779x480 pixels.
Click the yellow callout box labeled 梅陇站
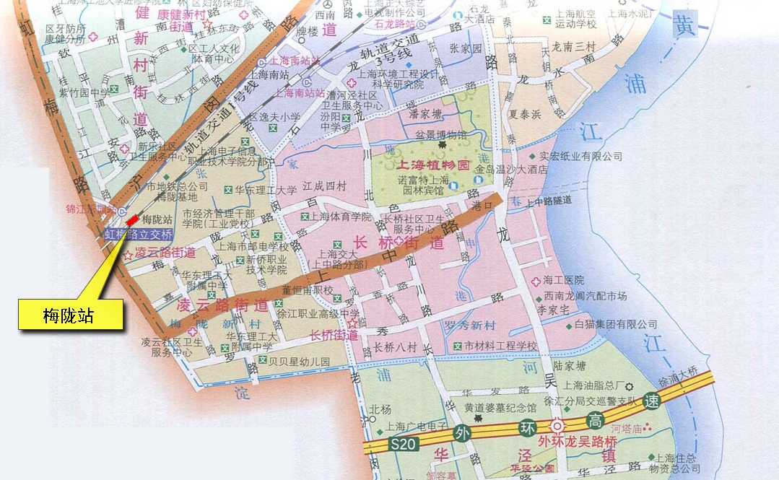pos(70,315)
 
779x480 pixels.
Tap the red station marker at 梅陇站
pos(132,219)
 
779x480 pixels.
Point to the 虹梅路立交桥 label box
pos(139,235)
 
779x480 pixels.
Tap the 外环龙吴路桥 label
pos(577,441)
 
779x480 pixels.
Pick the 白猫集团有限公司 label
pos(616,325)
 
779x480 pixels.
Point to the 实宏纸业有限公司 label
pos(586,156)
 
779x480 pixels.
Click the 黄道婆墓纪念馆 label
pos(500,409)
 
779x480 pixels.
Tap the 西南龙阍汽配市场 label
pos(586,296)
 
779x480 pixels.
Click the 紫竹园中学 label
pos(84,92)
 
